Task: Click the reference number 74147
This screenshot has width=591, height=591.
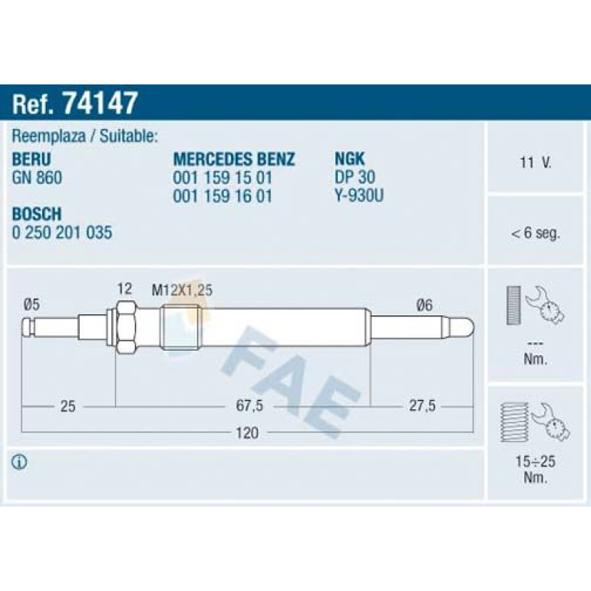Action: click(100, 103)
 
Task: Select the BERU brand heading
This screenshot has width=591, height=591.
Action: click(31, 159)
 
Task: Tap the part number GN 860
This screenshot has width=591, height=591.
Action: click(37, 177)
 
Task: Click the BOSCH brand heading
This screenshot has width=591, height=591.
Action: click(37, 213)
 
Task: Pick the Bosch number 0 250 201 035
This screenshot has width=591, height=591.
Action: click(62, 233)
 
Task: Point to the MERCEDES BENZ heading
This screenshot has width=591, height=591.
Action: click(233, 159)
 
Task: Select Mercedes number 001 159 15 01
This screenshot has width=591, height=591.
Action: click(223, 177)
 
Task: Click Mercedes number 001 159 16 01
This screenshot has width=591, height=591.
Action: click(223, 196)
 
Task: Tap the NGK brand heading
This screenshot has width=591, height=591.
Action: click(349, 159)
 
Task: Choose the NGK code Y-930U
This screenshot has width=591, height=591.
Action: click(359, 196)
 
